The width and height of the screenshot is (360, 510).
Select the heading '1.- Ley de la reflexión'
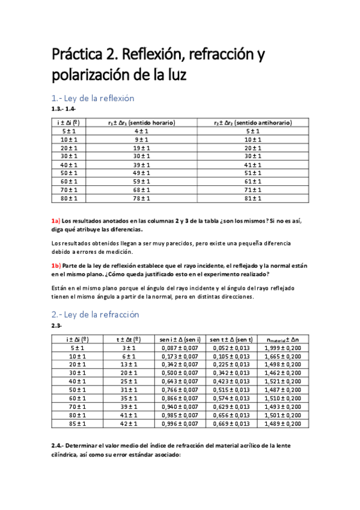pos(93,98)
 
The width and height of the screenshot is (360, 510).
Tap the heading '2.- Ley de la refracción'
pos(95,315)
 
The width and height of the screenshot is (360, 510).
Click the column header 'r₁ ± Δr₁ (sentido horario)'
pos(141,123)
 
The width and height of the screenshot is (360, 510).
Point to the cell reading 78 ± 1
pos(141,198)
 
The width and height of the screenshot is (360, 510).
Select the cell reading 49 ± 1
pos(141,173)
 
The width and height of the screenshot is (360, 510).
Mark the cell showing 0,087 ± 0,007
pos(176,348)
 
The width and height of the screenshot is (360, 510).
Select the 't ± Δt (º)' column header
pos(128,339)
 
